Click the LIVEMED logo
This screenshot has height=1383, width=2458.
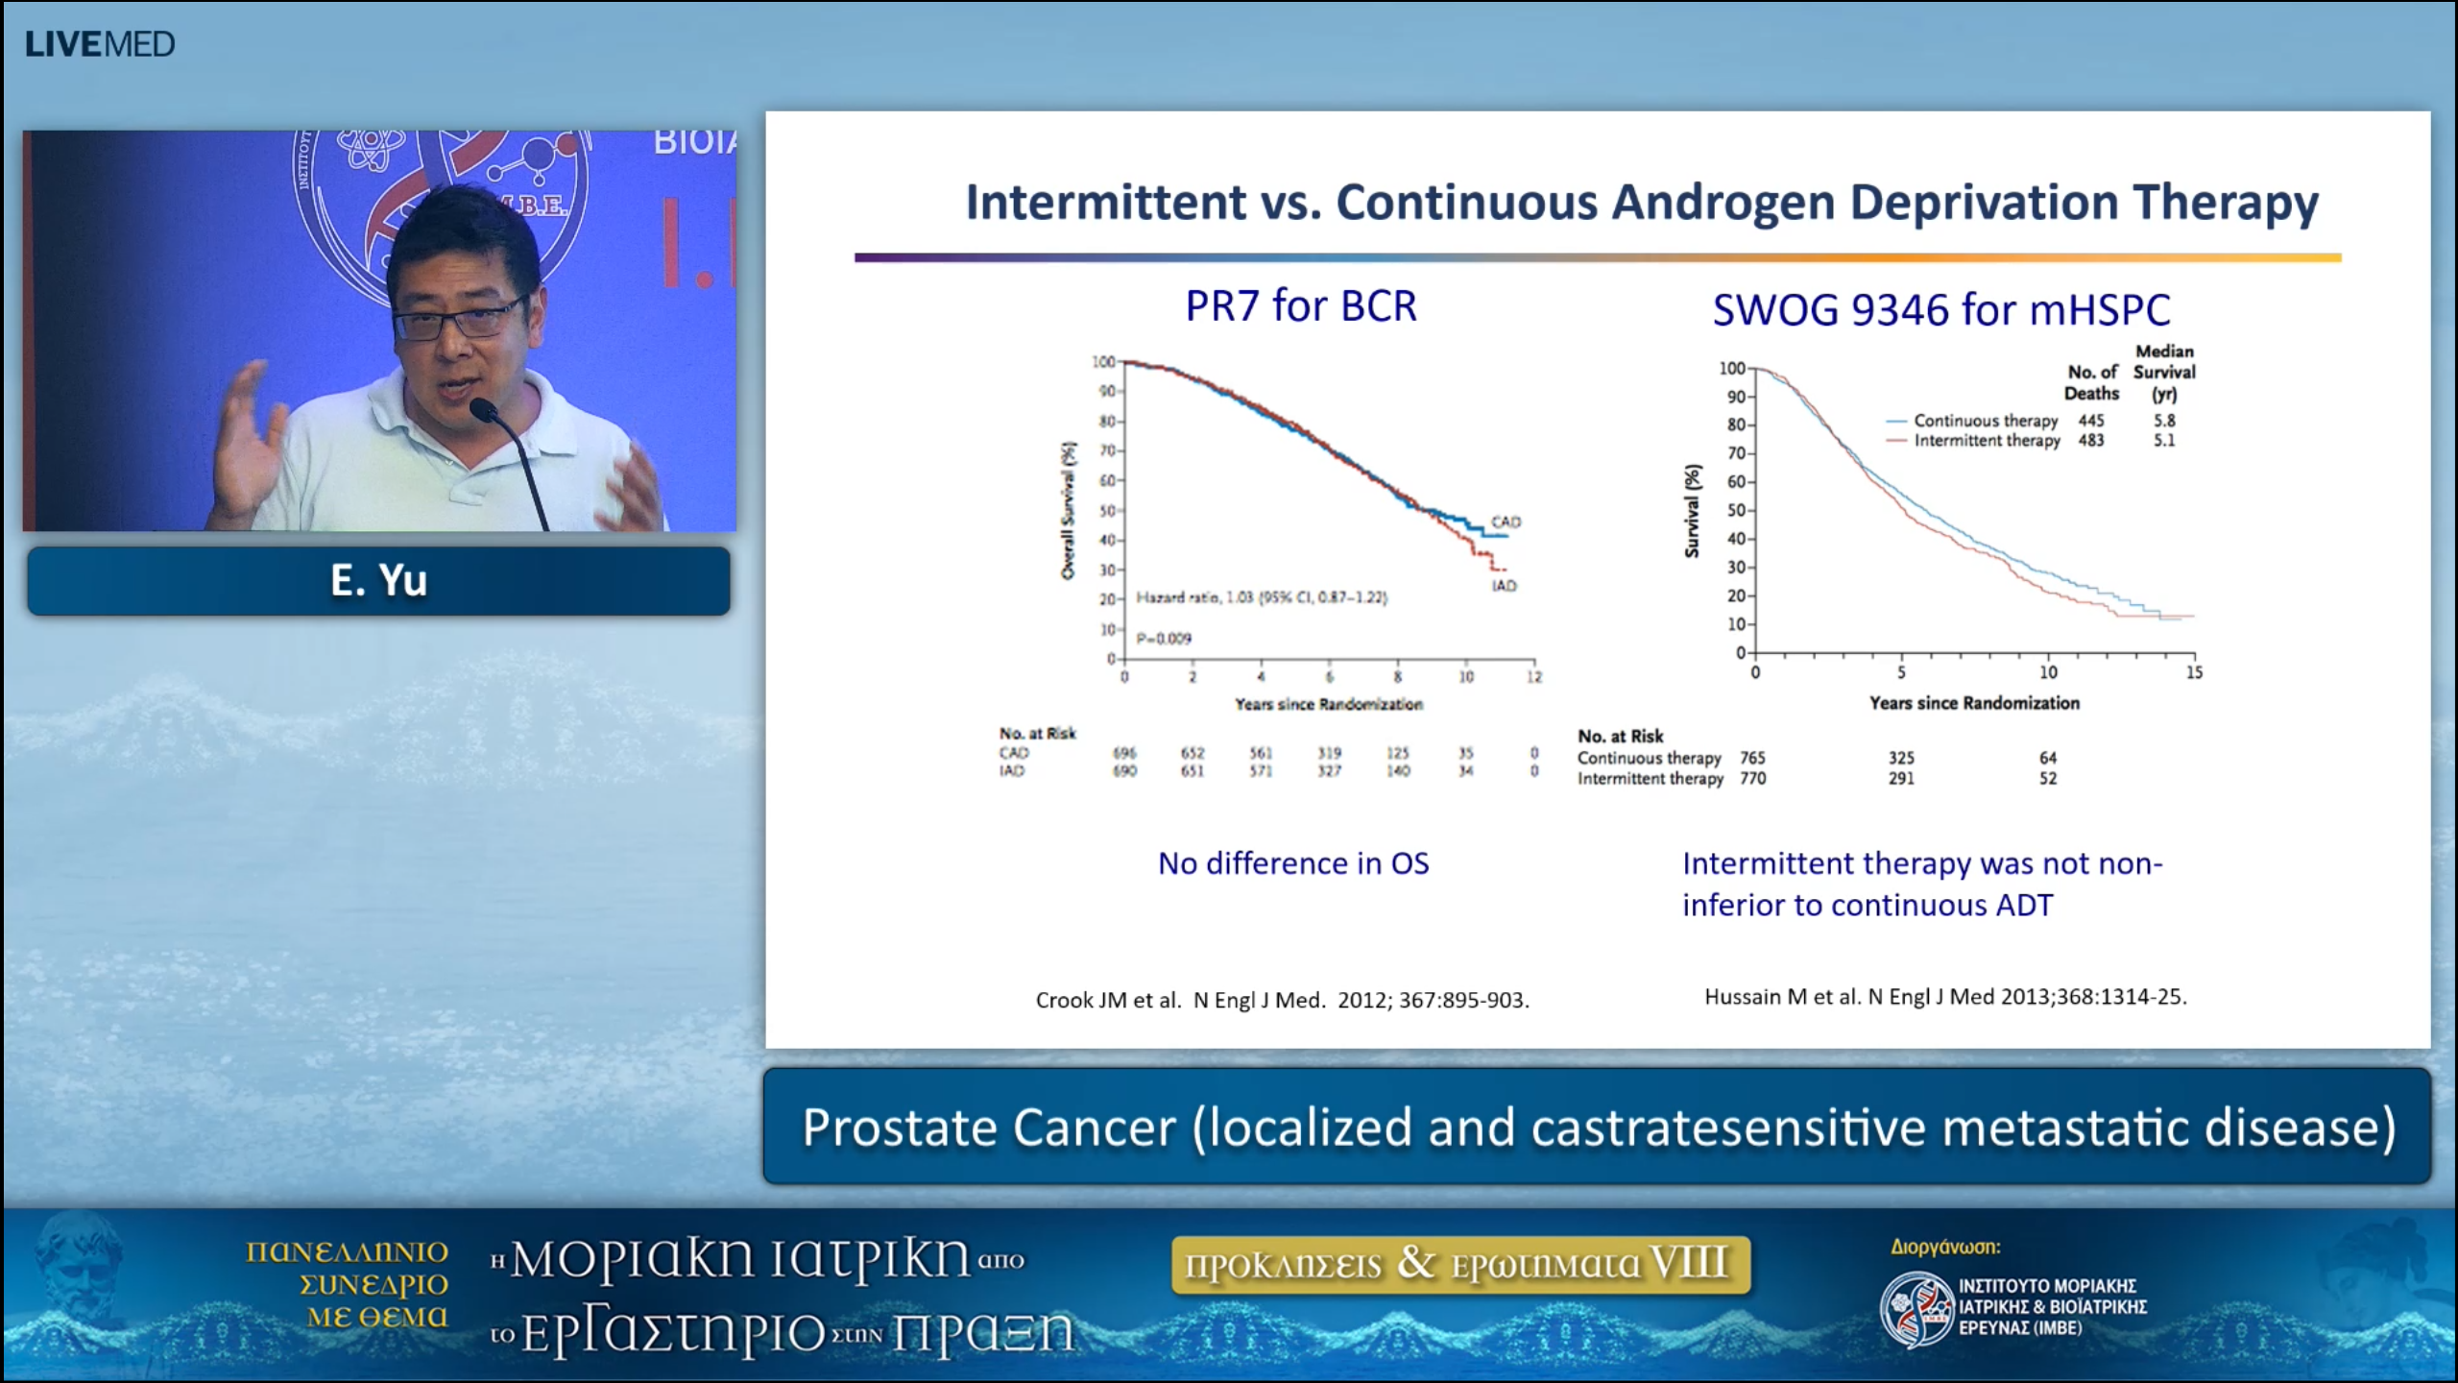pyautogui.click(x=100, y=44)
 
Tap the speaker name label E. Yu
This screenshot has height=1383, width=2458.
pyautogui.click(x=378, y=580)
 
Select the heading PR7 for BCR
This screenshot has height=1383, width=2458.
pyautogui.click(x=1300, y=306)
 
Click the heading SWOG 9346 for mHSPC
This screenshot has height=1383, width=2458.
pyautogui.click(x=1940, y=310)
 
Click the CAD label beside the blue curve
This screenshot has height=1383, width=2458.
pyautogui.click(x=1506, y=522)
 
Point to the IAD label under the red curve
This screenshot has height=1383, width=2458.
pyautogui.click(x=1504, y=586)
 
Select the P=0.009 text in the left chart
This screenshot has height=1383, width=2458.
pyautogui.click(x=1164, y=639)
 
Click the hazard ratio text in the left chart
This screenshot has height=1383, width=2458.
pyautogui.click(x=1261, y=597)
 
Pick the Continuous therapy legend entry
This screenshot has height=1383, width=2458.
pyautogui.click(x=1985, y=421)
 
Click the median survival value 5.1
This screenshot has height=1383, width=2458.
pyautogui.click(x=2164, y=441)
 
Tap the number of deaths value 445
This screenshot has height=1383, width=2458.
pyautogui.click(x=2090, y=421)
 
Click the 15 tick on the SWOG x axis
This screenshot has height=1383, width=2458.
pyautogui.click(x=2194, y=672)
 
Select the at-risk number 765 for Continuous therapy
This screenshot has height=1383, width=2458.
pyautogui.click(x=1752, y=758)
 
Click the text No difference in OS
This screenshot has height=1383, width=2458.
pyautogui.click(x=1292, y=863)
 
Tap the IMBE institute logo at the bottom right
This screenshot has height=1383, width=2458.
pyautogui.click(x=1916, y=1307)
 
